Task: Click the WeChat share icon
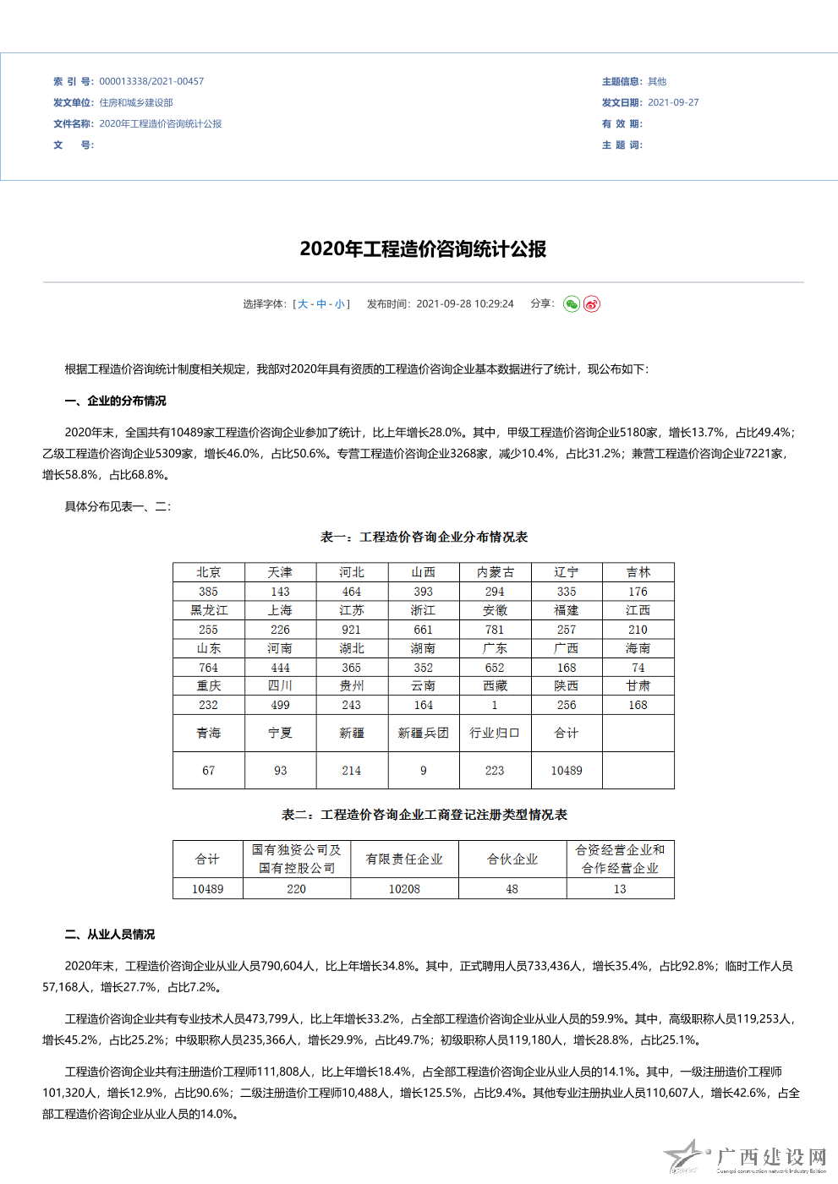click(x=572, y=304)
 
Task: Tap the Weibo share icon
click(x=592, y=304)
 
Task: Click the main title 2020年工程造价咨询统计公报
click(x=423, y=249)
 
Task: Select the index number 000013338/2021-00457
click(x=151, y=82)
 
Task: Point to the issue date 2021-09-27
click(x=673, y=103)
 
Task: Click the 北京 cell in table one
click(x=208, y=572)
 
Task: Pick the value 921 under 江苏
click(x=351, y=630)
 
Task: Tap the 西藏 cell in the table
click(x=495, y=686)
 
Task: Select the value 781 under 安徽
click(x=495, y=630)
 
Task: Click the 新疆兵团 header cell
click(x=423, y=734)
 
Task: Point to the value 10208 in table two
click(x=404, y=889)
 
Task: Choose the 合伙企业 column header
click(x=512, y=859)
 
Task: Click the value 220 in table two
click(x=296, y=889)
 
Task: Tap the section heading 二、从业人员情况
click(x=110, y=935)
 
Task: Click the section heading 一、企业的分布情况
click(x=115, y=401)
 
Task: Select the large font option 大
click(x=303, y=304)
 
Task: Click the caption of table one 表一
click(x=424, y=537)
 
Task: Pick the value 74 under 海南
click(x=638, y=668)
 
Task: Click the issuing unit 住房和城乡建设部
click(x=136, y=103)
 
